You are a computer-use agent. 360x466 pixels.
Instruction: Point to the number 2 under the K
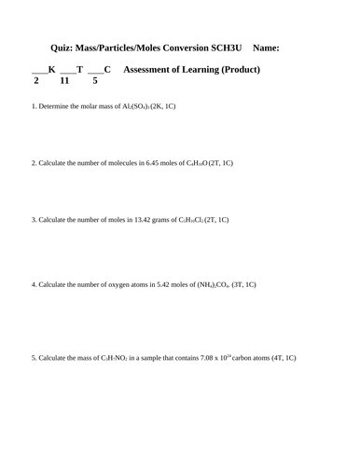pos(35,81)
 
